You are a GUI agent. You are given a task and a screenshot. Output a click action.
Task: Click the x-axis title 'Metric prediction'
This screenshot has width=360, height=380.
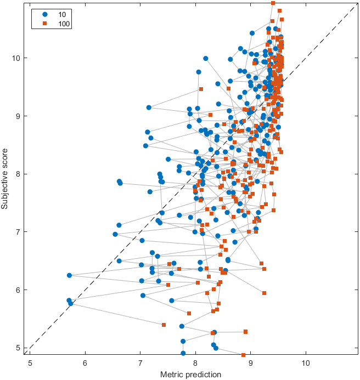click(190, 375)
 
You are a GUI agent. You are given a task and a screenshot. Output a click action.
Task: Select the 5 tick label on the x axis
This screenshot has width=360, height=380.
click(30, 363)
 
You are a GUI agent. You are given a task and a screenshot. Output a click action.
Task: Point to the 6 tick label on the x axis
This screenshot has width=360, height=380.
click(85, 363)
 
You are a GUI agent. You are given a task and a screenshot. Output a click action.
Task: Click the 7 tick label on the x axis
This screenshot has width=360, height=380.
click(140, 363)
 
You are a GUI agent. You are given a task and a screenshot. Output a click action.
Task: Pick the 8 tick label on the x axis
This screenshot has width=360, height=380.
click(195, 363)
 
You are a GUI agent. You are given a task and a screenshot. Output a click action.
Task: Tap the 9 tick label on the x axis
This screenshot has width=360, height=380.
click(251, 363)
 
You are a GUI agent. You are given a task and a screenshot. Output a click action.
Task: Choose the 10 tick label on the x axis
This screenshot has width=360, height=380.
click(306, 363)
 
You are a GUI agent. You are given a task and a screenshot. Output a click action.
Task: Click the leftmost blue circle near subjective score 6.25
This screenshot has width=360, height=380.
click(69, 275)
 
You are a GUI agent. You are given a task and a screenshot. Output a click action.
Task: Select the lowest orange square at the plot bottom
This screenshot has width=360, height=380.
click(243, 355)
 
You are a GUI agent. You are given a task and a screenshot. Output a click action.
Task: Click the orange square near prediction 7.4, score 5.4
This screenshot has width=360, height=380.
click(164, 325)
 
